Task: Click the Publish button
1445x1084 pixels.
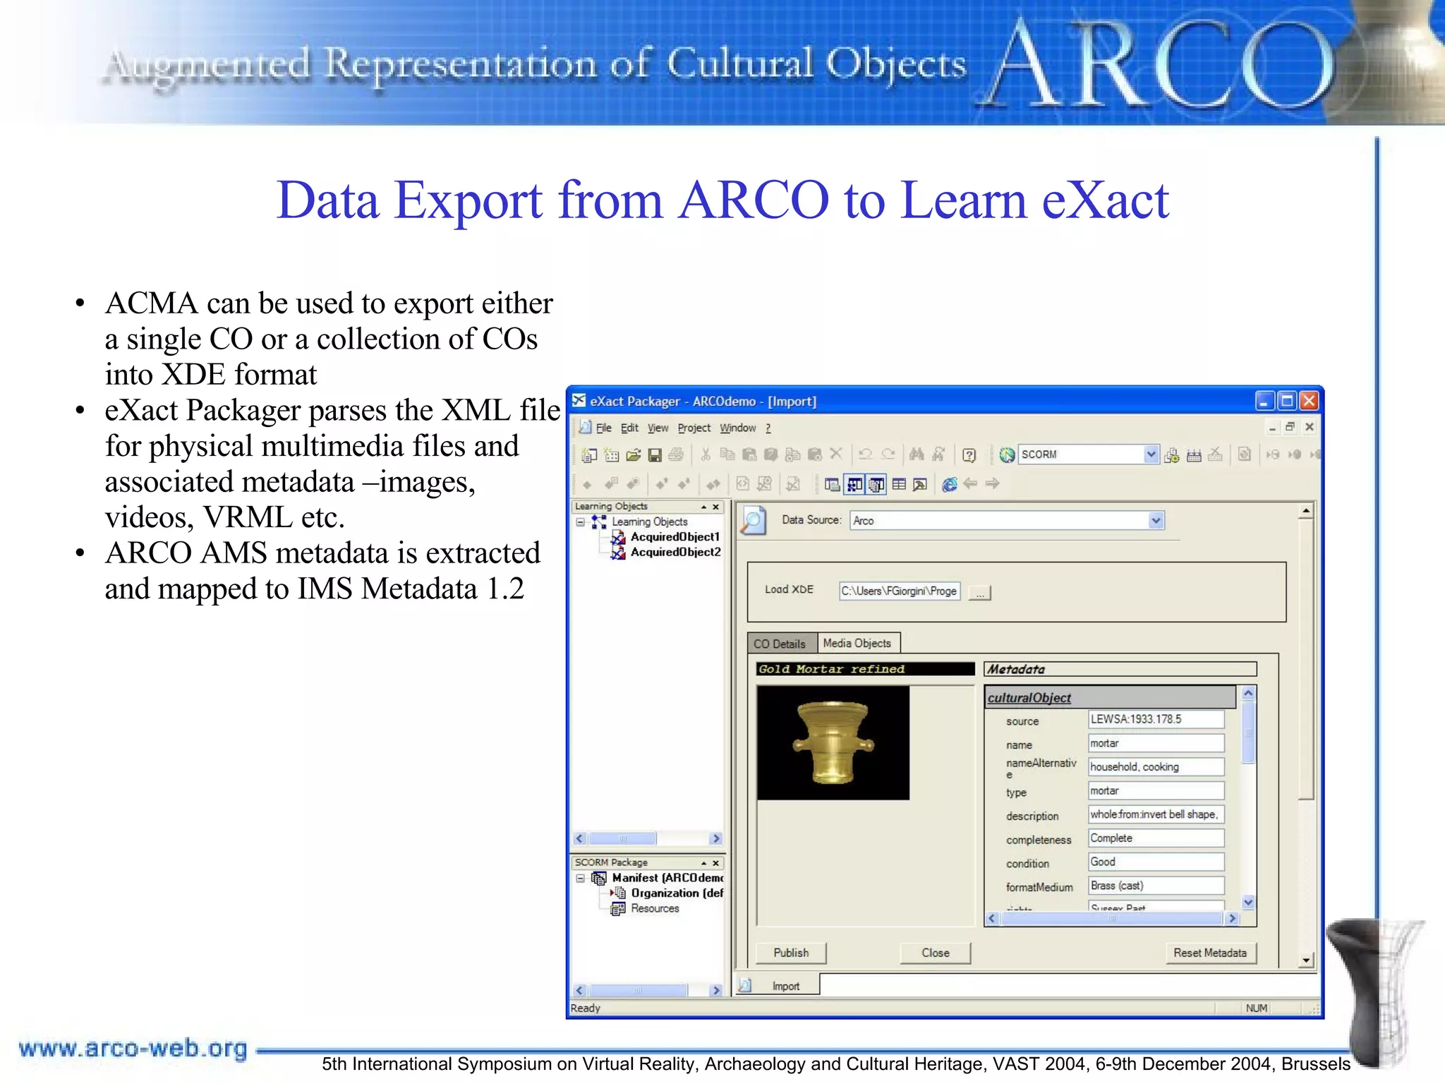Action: click(x=790, y=953)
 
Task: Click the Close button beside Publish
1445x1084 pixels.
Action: click(x=935, y=953)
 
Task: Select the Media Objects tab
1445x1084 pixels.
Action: click(x=857, y=643)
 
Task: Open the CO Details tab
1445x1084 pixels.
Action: click(x=779, y=644)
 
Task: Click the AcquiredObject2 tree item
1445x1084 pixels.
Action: click(x=675, y=552)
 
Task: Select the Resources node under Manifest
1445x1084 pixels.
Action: click(x=654, y=908)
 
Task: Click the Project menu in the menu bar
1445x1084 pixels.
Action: click(x=694, y=428)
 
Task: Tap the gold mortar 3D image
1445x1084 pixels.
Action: click(x=833, y=742)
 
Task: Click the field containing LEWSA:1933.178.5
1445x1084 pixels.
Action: click(x=1155, y=719)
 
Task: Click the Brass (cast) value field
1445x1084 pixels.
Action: click(x=1155, y=885)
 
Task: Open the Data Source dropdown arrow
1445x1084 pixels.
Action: click(x=1155, y=521)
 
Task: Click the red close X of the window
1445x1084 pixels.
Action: click(x=1309, y=401)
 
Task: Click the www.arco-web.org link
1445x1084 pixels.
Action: click(x=133, y=1048)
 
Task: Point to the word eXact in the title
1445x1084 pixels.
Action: click(x=1105, y=200)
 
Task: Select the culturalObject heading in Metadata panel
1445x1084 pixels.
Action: click(x=1029, y=697)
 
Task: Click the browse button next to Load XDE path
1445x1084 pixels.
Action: click(x=980, y=592)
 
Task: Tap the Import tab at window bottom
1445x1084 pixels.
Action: click(x=785, y=986)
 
